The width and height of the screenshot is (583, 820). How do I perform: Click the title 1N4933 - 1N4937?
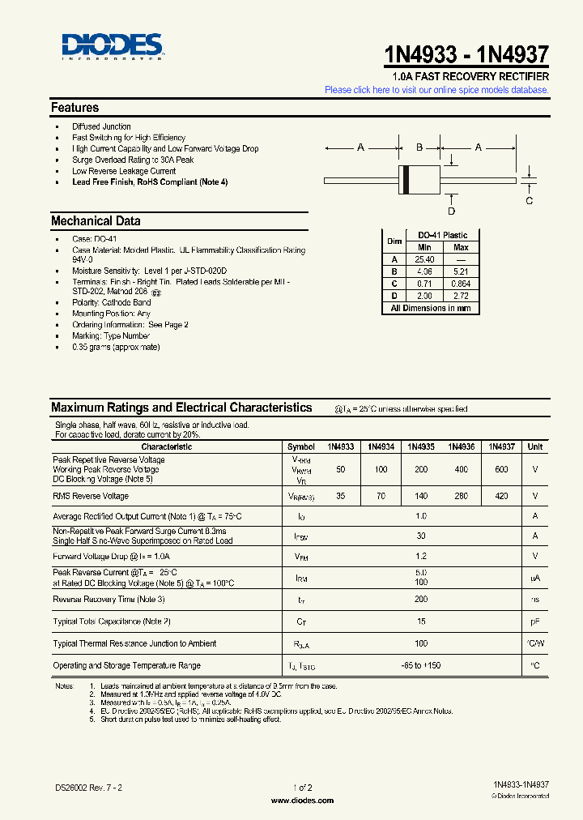[x=466, y=54]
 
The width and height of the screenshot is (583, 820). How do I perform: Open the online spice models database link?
[x=436, y=90]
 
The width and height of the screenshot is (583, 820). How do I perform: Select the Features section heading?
[x=74, y=108]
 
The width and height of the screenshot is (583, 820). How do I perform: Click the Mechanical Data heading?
[x=96, y=221]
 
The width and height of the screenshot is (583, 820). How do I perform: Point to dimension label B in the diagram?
[x=419, y=147]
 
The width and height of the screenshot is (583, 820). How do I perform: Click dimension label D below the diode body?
[x=452, y=211]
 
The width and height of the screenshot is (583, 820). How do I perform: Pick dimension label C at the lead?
[x=530, y=200]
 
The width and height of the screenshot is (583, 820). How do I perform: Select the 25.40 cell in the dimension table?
[x=424, y=259]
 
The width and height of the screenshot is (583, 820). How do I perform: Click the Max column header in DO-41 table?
[x=461, y=247]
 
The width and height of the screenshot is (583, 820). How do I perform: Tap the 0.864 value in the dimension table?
[x=461, y=284]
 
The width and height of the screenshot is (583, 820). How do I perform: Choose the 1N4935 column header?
[x=420, y=446]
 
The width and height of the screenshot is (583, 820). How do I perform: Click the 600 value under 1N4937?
[x=501, y=470]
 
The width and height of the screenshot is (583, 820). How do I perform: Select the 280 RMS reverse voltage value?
[x=461, y=496]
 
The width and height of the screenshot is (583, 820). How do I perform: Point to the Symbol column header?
[x=300, y=446]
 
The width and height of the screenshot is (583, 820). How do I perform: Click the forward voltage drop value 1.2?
[x=420, y=556]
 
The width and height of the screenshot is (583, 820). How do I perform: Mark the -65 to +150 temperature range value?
[x=420, y=665]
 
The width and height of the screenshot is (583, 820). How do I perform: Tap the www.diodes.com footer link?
[x=301, y=800]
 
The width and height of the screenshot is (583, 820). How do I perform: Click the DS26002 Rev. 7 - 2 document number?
[x=88, y=787]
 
